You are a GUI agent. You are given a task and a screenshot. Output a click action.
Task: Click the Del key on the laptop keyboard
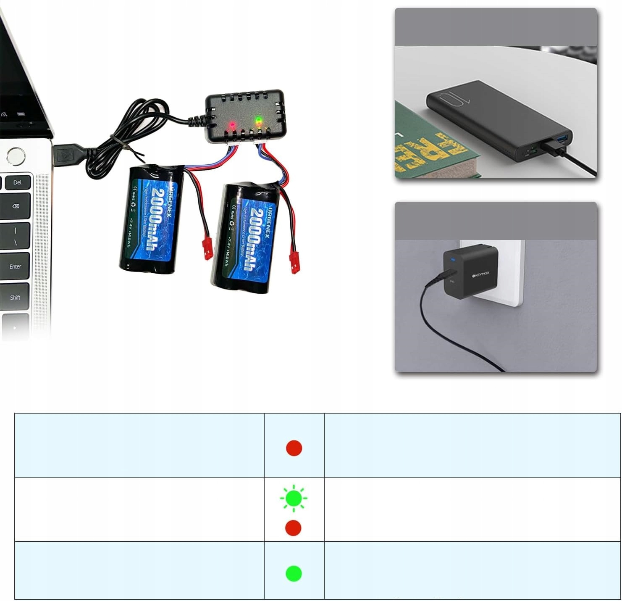[x=17, y=182]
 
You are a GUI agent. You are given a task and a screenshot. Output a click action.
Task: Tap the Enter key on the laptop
[x=15, y=266]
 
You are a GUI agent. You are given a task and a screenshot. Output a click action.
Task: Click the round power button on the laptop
[x=16, y=156]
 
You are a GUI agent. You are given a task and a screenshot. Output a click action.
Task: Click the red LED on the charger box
[x=231, y=125]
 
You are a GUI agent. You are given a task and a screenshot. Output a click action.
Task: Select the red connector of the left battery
[x=207, y=248]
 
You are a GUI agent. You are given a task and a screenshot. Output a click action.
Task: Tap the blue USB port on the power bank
[x=562, y=138]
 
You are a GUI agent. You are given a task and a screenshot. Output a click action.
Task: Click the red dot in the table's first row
[x=294, y=448]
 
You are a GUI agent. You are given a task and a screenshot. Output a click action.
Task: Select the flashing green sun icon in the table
[x=294, y=498]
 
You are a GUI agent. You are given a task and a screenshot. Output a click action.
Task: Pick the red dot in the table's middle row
[x=293, y=528]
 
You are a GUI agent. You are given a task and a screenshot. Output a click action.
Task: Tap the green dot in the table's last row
[x=294, y=573]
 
